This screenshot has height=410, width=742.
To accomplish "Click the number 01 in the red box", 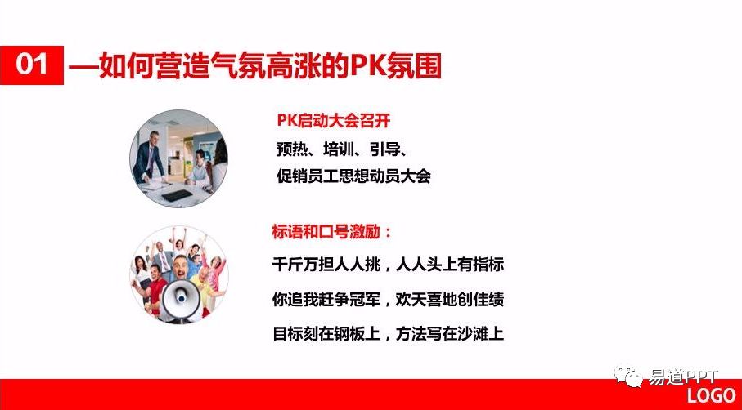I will [33, 65].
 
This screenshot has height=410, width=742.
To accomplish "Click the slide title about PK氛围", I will [255, 65].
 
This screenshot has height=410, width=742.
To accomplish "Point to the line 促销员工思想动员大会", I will [352, 176].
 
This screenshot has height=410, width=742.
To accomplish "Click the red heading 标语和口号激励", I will [332, 231].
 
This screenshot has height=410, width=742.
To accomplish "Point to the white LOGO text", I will [711, 396].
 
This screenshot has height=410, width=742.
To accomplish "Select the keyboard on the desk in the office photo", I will [178, 194].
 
